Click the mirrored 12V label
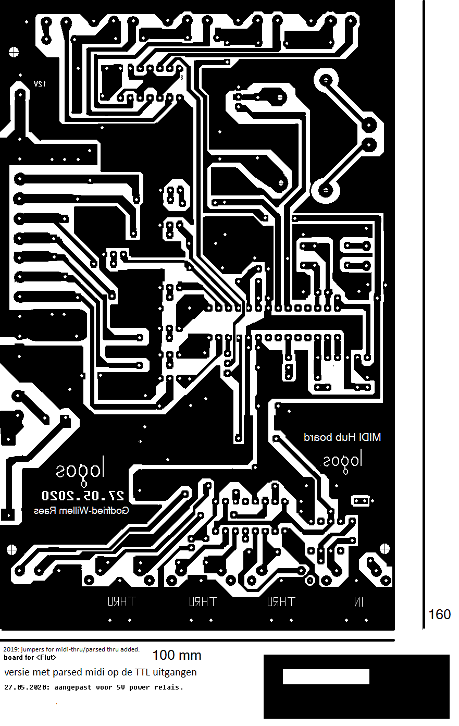pos(40,84)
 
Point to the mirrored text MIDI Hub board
pos(342,437)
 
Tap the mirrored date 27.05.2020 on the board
pos(83,495)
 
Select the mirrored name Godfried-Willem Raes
pos(81,511)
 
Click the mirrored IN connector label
pos(358,602)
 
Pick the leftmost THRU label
pos(121,601)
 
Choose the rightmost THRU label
pos(281,602)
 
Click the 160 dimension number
pos(439,614)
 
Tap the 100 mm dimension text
pos(177,655)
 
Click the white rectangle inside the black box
pos(326,676)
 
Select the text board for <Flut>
pos(30,657)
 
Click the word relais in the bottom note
pos(170,687)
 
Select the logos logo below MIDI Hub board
pos(342,461)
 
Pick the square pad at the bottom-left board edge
pos(7,514)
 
